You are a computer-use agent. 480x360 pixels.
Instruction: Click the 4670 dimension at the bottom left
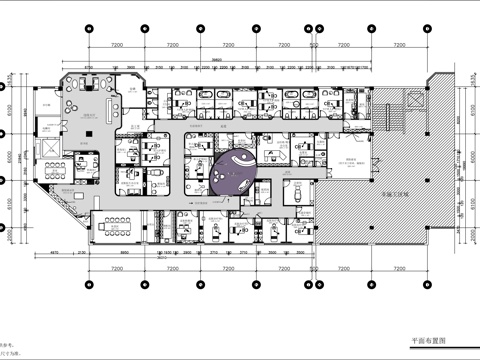click(x=60, y=257)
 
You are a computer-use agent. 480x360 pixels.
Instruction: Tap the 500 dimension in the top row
click(x=314, y=46)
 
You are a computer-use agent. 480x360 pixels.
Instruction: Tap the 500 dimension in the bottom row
click(x=314, y=270)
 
